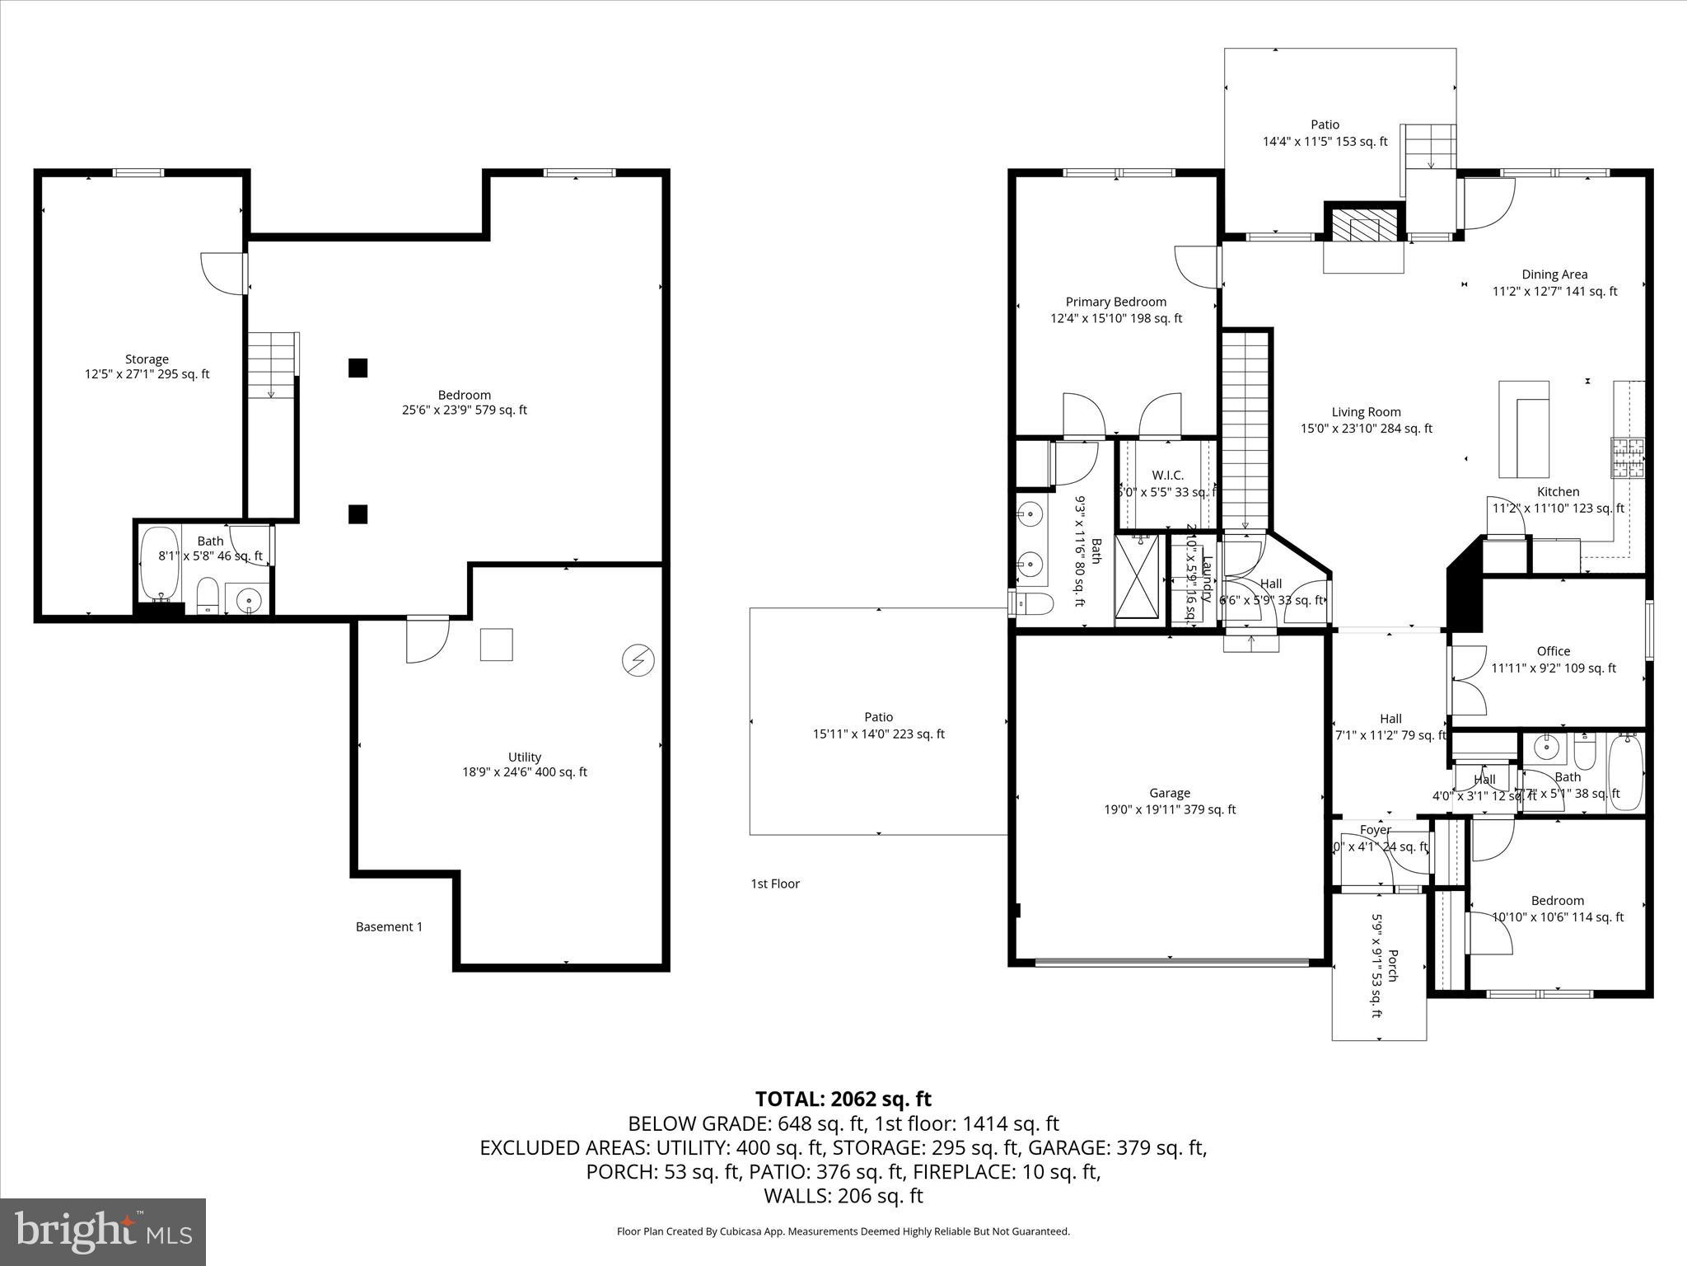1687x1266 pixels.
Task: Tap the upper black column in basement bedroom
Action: click(357, 368)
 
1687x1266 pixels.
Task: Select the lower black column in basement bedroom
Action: click(357, 514)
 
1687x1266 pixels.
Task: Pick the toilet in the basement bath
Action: click(208, 594)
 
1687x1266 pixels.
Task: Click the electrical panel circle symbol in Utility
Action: click(638, 661)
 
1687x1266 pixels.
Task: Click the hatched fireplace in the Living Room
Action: click(1362, 224)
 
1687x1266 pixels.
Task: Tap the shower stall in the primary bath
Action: click(1137, 580)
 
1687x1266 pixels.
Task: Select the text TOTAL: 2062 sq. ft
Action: click(843, 1099)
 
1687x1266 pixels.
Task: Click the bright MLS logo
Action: click(103, 1231)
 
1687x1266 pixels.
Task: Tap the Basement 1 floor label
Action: click(389, 926)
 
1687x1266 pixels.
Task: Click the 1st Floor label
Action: click(774, 884)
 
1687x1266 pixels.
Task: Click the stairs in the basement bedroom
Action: click(273, 364)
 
